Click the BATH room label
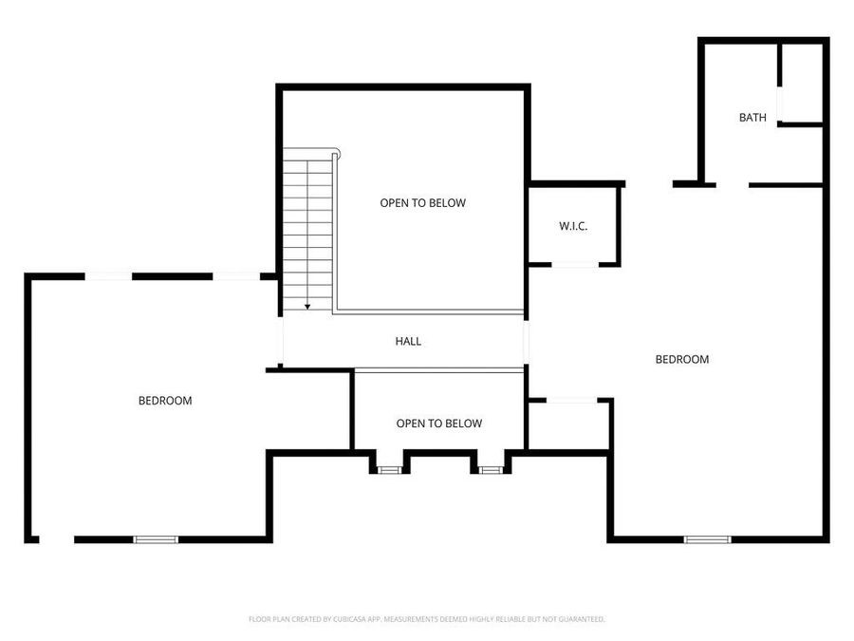752,118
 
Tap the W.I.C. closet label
573,226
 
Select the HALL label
408,341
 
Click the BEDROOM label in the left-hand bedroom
165,401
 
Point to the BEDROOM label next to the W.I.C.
682,359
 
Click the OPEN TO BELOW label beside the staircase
423,203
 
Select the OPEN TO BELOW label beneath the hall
438,424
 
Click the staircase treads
308,228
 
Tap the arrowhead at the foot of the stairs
307,307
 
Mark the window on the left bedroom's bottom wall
156,539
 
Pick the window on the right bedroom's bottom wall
708,539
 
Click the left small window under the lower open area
389,469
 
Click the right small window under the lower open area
490,469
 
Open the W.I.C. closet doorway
575,265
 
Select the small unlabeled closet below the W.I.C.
567,425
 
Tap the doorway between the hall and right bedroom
527,340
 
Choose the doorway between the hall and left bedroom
280,340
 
